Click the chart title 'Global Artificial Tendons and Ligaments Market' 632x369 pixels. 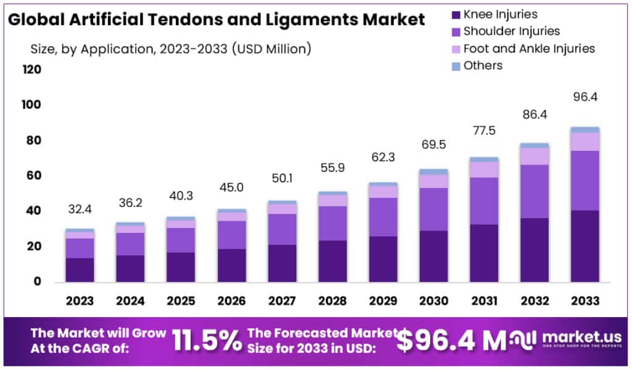tap(215, 19)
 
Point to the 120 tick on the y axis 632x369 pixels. tap(32, 70)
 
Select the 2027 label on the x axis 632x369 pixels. tap(281, 301)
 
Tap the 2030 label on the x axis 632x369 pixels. tap(433, 301)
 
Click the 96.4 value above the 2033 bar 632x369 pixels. tap(585, 97)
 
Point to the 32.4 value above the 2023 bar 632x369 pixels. tap(80, 210)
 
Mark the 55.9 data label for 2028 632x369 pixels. tap(332, 168)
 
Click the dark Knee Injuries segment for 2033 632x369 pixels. tap(585, 246)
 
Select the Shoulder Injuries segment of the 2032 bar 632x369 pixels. tap(534, 191)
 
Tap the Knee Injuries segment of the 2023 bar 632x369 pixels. tap(80, 269)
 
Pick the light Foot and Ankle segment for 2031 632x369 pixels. tap(484, 169)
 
